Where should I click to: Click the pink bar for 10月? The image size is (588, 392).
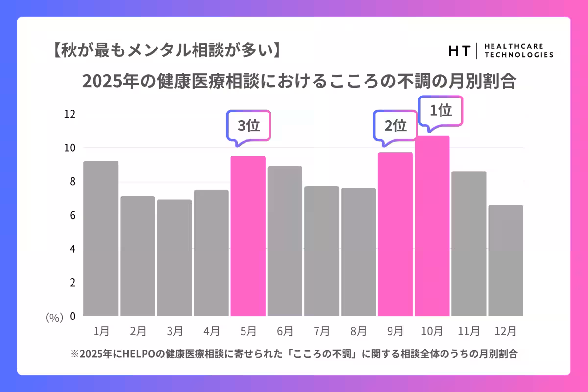point(432,226)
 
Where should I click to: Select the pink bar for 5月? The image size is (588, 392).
point(248,236)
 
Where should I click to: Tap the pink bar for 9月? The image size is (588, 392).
point(395,234)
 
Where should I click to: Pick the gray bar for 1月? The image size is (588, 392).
point(100,239)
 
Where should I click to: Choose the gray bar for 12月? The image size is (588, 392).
point(505,260)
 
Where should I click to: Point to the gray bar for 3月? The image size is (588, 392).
point(174,258)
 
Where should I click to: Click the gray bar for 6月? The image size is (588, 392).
point(285,241)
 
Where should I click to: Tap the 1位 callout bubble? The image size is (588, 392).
point(441,111)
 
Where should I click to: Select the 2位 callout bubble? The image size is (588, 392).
point(395,126)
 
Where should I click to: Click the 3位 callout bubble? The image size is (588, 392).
point(248,126)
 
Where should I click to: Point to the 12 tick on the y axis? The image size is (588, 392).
point(70,114)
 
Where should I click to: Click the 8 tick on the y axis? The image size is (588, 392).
point(72,181)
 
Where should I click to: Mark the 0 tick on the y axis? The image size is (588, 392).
point(72,317)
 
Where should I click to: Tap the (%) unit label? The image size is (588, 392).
point(54,318)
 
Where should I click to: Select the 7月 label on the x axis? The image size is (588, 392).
point(321,331)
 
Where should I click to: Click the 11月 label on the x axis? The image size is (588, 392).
point(468,331)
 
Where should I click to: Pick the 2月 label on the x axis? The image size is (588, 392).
point(138,331)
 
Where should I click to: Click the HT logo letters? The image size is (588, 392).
point(459,50)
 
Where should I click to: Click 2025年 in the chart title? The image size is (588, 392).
point(103,81)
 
